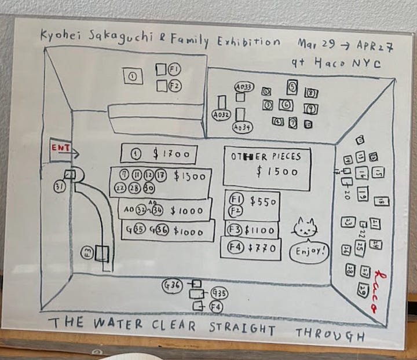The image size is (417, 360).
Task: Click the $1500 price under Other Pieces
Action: click(x=277, y=172)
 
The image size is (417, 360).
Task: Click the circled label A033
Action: click(x=244, y=87)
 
